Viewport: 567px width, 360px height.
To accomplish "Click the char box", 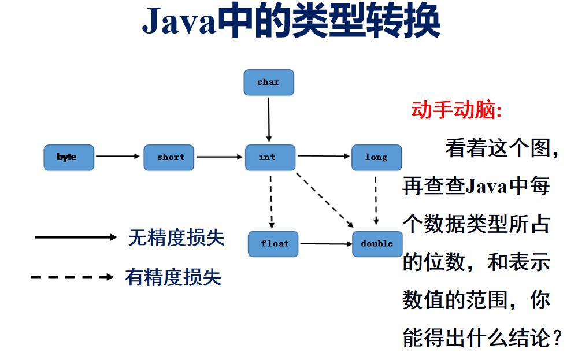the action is tap(269, 83).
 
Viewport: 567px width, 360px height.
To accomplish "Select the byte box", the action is tap(69, 158).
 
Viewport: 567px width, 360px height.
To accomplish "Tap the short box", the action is tap(169, 158).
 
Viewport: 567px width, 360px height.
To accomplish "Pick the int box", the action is tap(270, 158).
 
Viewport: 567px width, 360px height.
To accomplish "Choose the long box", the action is tap(376, 158).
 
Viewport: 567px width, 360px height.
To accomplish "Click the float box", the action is tap(273, 244).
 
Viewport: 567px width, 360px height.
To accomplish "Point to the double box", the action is tap(377, 244).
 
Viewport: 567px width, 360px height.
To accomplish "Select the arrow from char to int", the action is tap(269, 120).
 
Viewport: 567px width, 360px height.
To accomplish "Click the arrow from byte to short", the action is tap(118, 156).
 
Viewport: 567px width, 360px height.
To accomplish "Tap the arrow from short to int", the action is tap(220, 157).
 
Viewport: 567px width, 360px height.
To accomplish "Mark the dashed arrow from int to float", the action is tap(271, 202).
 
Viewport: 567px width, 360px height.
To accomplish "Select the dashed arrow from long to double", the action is tap(376, 201).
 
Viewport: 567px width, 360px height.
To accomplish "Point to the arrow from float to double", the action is tap(326, 244).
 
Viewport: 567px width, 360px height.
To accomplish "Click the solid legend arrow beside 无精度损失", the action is tap(76, 237).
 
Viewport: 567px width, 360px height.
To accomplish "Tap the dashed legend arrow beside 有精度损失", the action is tap(73, 277).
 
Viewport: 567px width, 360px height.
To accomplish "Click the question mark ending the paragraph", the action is tap(557, 337).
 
